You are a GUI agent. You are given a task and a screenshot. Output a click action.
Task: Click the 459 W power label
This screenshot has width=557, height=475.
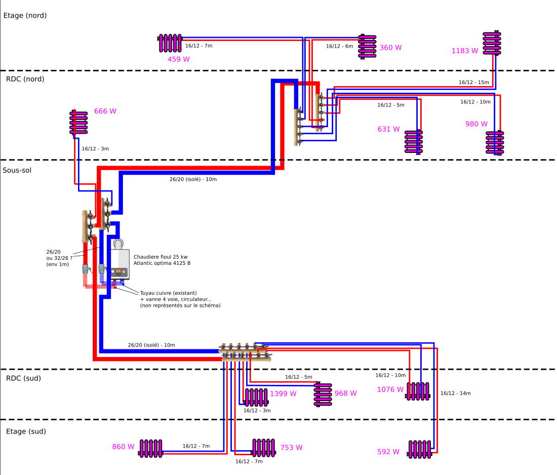pos(179,59)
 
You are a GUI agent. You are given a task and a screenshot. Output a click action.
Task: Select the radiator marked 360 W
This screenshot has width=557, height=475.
pos(368,47)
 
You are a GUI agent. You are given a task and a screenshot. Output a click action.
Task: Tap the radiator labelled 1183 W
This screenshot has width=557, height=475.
pos(492,43)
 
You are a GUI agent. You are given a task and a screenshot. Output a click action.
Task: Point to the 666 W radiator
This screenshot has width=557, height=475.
pos(78,123)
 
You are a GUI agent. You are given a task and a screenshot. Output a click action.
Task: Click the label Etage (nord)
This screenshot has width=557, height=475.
pos(25,16)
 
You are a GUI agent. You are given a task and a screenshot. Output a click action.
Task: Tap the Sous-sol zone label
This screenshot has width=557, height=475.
pos(17,170)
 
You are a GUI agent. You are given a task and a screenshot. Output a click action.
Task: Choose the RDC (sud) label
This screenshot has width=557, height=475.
pos(23,378)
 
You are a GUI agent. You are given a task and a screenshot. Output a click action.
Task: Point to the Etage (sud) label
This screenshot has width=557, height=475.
pos(25,431)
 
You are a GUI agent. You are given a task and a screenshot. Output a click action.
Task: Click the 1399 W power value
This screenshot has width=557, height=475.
pos(283,393)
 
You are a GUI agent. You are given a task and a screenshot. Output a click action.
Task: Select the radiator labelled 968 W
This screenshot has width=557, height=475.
pos(323,395)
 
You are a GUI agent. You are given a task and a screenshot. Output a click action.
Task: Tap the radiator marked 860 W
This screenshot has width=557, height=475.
pos(151,448)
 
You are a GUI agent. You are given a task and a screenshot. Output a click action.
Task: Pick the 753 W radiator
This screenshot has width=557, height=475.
pos(263,448)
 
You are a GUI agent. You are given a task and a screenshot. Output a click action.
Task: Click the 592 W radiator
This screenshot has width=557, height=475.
pos(420,450)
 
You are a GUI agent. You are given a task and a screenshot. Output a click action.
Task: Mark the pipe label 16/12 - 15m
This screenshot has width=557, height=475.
pos(473,82)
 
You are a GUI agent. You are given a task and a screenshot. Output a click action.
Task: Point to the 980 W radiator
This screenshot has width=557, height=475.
pos(495,142)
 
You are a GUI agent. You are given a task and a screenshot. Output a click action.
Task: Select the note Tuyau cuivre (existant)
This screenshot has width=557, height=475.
pos(168,293)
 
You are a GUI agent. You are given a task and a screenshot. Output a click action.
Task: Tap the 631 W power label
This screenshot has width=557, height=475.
pos(388,129)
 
